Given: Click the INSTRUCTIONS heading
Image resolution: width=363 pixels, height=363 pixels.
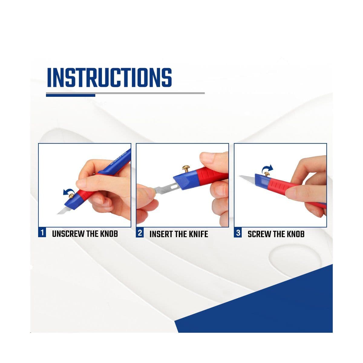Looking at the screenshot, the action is click(110, 78).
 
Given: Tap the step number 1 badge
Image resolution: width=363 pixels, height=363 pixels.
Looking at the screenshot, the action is click(42, 233).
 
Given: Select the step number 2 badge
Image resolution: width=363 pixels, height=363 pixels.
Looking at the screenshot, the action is click(140, 233).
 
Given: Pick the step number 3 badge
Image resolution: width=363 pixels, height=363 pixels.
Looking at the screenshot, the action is click(238, 233).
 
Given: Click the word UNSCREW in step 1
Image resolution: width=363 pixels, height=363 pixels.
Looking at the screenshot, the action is click(68, 234).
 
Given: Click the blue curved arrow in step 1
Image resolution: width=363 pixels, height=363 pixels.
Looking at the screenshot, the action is click(67, 191).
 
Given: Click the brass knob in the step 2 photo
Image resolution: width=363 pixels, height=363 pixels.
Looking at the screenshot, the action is click(186, 168).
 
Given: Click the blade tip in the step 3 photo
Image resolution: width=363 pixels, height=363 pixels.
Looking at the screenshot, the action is click(239, 176).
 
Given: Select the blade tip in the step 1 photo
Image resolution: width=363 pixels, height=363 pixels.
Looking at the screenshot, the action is click(57, 214).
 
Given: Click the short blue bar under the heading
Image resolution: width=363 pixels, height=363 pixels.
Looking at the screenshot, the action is click(71, 96).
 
